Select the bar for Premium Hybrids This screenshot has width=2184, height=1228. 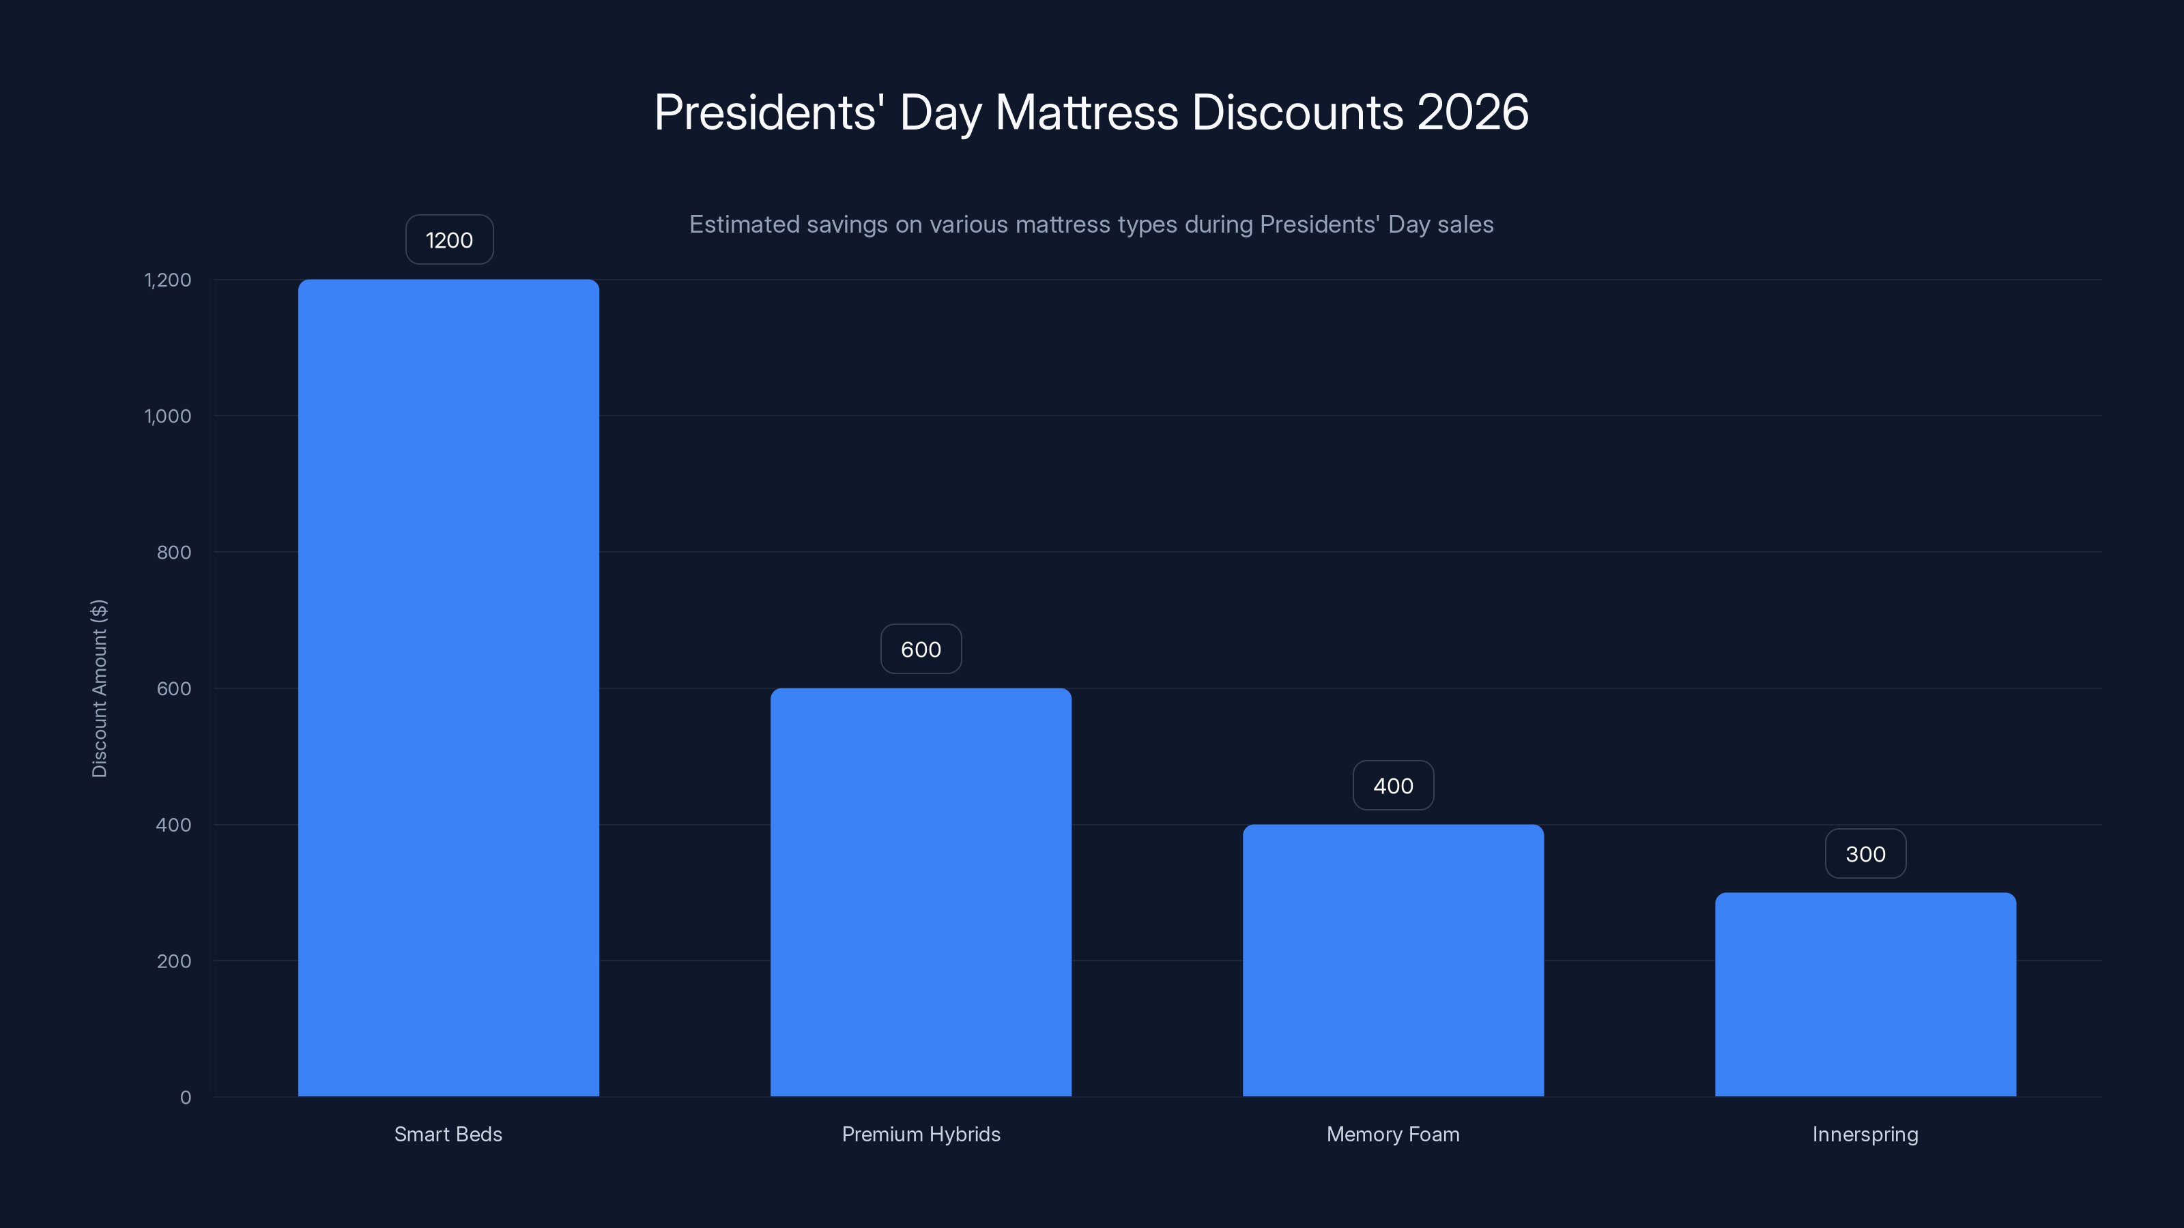click(x=921, y=892)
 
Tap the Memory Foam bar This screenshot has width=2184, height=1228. click(x=1393, y=960)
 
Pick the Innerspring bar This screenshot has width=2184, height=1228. click(x=1865, y=994)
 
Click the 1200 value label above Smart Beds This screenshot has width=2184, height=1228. click(x=449, y=241)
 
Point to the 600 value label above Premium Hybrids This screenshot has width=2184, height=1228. click(x=921, y=650)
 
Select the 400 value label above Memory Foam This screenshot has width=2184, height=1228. click(x=1393, y=787)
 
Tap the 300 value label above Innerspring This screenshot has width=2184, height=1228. click(x=1865, y=854)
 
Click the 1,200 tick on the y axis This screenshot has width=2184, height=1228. click(x=168, y=280)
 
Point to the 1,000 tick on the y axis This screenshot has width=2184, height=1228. click(x=168, y=416)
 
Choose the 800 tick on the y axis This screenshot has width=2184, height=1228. click(x=174, y=553)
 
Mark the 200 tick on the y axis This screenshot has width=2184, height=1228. click(x=174, y=961)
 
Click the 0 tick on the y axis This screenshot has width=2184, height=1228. click(x=186, y=1098)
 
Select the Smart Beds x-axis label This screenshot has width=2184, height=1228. click(x=448, y=1135)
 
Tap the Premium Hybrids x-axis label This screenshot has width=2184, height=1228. click(x=921, y=1135)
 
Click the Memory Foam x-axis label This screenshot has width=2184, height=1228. click(x=1393, y=1135)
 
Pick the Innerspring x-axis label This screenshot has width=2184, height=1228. click(x=1865, y=1135)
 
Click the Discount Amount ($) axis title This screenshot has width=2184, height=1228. click(x=99, y=688)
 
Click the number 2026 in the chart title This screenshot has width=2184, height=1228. click(x=1473, y=113)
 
